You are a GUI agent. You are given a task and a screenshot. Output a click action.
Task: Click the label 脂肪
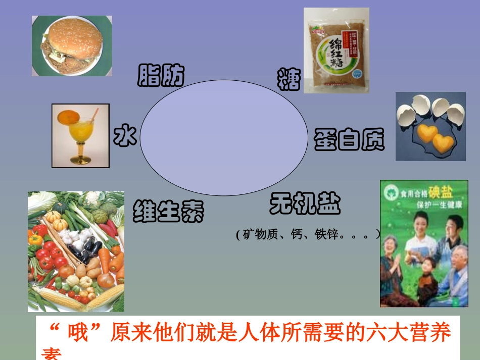coord(161,76)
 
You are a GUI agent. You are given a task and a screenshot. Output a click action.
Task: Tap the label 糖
coord(289,79)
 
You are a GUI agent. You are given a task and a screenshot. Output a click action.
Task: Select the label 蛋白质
coord(349,140)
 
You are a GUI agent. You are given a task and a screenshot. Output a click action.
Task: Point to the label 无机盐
coord(305,203)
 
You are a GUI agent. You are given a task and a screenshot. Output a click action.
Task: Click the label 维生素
coord(168,211)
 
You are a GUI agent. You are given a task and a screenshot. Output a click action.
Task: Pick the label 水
coord(125,136)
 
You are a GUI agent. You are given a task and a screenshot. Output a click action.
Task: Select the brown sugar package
coord(336,50)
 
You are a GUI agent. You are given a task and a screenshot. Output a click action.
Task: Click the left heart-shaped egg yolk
coord(427,133)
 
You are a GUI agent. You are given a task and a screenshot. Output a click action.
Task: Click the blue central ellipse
coord(223,137)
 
